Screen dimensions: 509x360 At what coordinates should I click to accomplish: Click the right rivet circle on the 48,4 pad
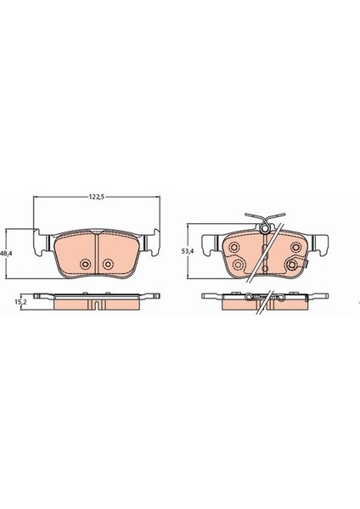point(110,264)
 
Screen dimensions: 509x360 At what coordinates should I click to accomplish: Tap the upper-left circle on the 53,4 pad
point(233,247)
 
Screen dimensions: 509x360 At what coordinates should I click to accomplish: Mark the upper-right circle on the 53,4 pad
point(295,247)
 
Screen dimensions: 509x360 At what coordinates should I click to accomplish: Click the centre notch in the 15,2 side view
point(96,303)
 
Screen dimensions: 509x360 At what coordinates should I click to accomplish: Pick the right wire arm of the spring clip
point(280,217)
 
